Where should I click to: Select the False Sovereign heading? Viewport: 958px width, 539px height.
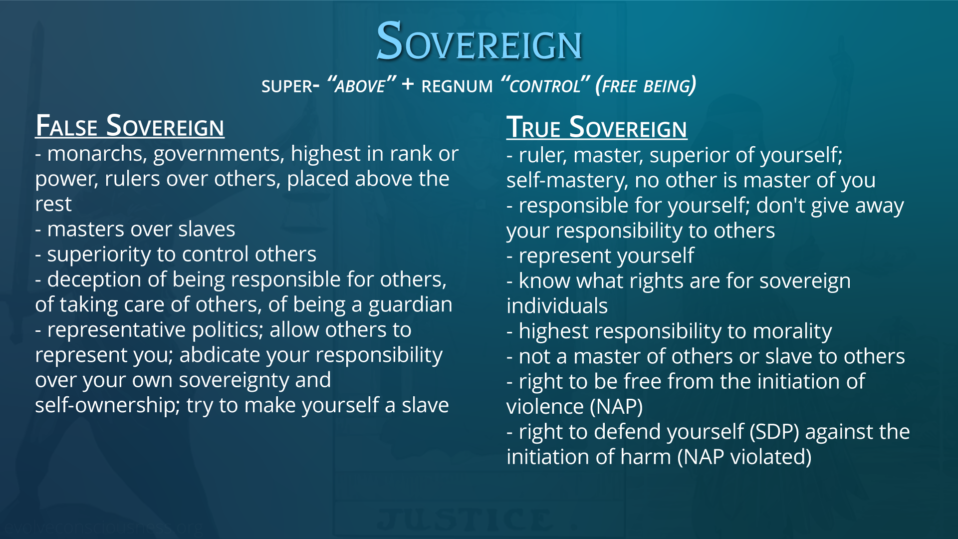(130, 126)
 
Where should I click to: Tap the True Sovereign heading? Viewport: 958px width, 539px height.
(597, 127)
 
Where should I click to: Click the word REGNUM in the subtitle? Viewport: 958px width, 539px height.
(457, 86)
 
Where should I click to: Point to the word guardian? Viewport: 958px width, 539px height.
(410, 305)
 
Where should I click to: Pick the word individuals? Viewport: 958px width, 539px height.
(557, 306)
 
